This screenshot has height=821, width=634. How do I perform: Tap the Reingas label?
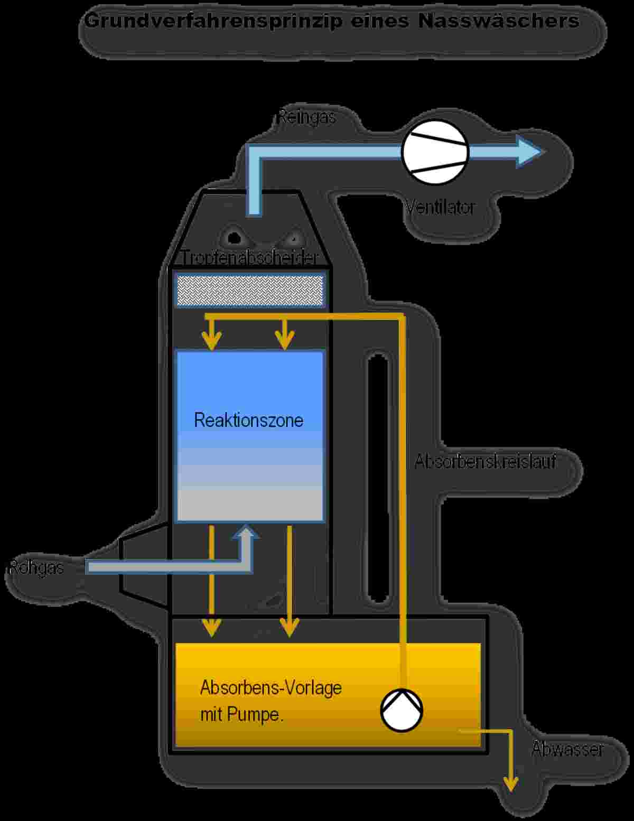click(x=307, y=117)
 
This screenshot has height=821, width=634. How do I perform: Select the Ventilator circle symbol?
click(x=435, y=152)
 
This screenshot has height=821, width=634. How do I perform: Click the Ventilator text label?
click(x=440, y=207)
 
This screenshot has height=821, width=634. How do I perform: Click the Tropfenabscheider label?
click(x=249, y=258)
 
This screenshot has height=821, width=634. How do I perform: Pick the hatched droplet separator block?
click(x=249, y=290)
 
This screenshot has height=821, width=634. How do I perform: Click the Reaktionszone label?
click(x=249, y=420)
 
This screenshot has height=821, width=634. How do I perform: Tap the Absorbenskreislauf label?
click(x=485, y=461)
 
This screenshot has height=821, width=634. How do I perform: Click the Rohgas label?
click(x=36, y=567)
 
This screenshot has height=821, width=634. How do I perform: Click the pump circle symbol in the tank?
click(x=402, y=710)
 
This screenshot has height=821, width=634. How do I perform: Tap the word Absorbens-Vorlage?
click(x=271, y=688)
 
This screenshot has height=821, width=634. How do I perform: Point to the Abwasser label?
click(x=567, y=749)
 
